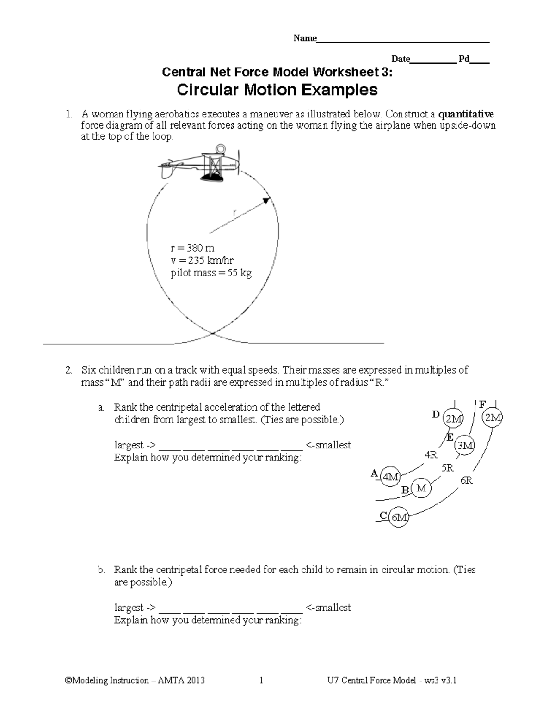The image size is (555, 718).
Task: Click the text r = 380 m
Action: [192, 248]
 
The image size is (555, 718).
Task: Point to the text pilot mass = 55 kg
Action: [211, 273]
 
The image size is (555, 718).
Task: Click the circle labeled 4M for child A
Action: [391, 477]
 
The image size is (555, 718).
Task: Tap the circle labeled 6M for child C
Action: [399, 517]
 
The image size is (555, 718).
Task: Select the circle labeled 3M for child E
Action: [464, 446]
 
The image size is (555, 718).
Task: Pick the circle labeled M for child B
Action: [421, 488]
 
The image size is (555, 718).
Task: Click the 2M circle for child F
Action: [492, 418]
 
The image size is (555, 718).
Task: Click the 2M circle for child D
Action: [453, 419]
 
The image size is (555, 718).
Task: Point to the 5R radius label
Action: [447, 468]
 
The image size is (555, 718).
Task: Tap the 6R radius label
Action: [466, 480]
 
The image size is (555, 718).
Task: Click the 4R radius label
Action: [431, 455]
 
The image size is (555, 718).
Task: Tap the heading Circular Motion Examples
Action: [277, 90]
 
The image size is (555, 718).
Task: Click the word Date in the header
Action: [401, 59]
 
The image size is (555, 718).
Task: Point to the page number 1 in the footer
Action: [261, 680]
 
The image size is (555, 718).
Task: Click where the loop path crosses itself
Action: [212, 333]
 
